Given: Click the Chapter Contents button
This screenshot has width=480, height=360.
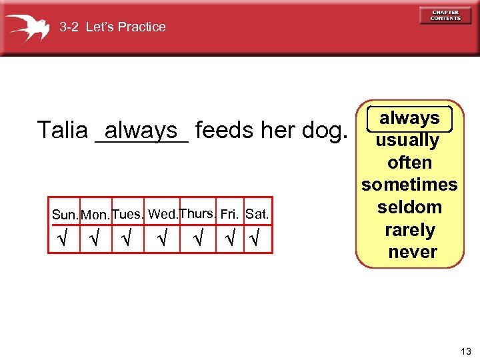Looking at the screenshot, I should tap(445, 15).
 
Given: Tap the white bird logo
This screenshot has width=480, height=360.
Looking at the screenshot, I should tap(28, 27).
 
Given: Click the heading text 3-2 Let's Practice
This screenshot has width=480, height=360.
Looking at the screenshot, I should tap(113, 27).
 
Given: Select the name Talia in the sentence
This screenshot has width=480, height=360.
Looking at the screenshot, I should tap(62, 130).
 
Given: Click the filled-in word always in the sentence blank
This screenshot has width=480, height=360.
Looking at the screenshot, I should tap(141, 129).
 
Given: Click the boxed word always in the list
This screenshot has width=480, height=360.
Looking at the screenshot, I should tap(409, 118).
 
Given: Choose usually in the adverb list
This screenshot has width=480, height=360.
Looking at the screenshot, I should tap(407, 141).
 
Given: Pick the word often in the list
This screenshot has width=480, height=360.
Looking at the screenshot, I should tap(409, 163).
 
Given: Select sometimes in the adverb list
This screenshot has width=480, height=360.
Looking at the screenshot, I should tap(409, 185).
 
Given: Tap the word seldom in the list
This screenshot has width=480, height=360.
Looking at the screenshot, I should tap(409, 207).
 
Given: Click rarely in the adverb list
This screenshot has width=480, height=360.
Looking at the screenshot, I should tap(410, 230).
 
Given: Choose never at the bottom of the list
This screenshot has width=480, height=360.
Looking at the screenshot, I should tap(412, 252).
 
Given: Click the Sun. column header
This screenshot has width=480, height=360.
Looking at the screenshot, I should tap(65, 215).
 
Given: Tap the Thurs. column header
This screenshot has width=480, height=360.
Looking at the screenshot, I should tap(198, 213).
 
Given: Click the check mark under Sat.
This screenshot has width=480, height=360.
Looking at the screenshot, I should tap(254, 239).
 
